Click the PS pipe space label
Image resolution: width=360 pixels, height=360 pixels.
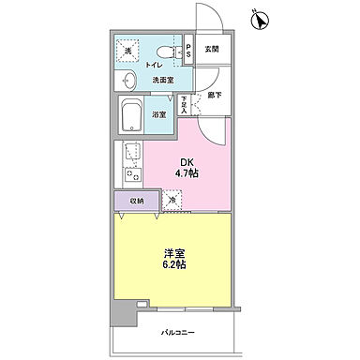coord(187,52)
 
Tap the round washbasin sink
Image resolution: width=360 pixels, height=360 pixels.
coord(127,82)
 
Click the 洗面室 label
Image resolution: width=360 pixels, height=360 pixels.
coord(163,82)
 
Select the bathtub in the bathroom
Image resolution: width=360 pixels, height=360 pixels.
coord(131,118)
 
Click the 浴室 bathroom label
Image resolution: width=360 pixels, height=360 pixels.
coord(161,115)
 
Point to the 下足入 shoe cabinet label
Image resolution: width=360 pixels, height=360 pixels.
coord(185,103)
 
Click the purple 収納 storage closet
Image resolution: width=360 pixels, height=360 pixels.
coord(136,200)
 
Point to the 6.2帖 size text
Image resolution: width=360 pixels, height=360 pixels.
coord(172,266)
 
